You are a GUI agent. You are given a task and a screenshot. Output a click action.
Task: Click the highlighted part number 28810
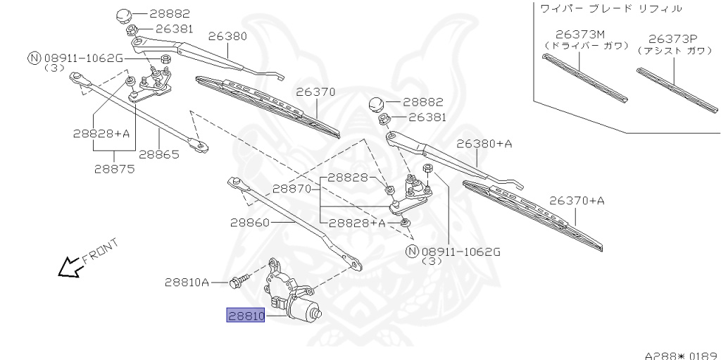(x=245, y=316)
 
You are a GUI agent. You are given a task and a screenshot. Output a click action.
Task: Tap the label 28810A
(x=187, y=283)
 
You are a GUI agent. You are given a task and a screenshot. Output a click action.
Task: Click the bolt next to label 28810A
(x=238, y=283)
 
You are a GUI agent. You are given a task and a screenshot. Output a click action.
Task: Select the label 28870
(x=292, y=189)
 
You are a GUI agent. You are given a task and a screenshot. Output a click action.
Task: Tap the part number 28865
(x=158, y=154)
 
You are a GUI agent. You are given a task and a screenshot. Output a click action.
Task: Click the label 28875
(x=114, y=168)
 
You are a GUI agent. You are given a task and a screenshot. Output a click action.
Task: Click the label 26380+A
(x=484, y=144)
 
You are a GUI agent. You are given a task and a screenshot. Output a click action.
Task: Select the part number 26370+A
(x=577, y=201)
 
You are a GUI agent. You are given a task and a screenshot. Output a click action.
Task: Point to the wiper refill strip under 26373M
(x=585, y=77)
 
